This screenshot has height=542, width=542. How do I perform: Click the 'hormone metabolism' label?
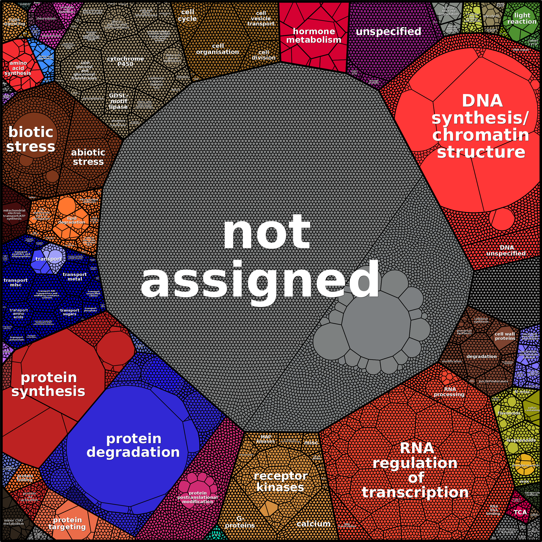[x=314, y=36]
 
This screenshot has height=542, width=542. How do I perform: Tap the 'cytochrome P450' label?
[x=125, y=61]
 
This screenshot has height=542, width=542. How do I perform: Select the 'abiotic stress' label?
[x=88, y=157]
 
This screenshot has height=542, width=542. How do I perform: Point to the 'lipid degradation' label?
[x=72, y=220]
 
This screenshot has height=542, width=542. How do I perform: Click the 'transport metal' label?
[x=75, y=277]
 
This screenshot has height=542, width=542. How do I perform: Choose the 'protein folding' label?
[x=25, y=478]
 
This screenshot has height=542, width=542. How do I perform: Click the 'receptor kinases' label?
[x=280, y=481]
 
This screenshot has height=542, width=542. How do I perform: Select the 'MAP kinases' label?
[x=266, y=439]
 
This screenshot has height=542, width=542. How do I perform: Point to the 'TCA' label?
[x=520, y=512]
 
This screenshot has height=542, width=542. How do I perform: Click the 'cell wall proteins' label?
[x=505, y=336]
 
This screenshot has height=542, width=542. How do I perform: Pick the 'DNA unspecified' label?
[x=506, y=251]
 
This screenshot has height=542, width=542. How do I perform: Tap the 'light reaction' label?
[x=522, y=18]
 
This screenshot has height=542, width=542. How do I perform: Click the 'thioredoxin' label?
[x=46, y=19]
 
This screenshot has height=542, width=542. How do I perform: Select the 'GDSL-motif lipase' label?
[x=118, y=101]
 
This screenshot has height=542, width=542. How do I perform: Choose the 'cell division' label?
[x=263, y=55]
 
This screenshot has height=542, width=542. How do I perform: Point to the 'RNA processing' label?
[x=449, y=392]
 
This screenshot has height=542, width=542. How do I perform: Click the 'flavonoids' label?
[x=509, y=413]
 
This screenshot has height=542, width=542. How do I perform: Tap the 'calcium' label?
[x=313, y=524]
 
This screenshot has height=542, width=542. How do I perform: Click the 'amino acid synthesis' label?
[x=18, y=68]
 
